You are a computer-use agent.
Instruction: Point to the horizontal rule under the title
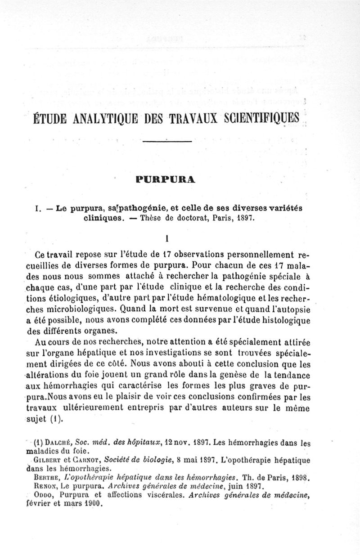167,142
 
